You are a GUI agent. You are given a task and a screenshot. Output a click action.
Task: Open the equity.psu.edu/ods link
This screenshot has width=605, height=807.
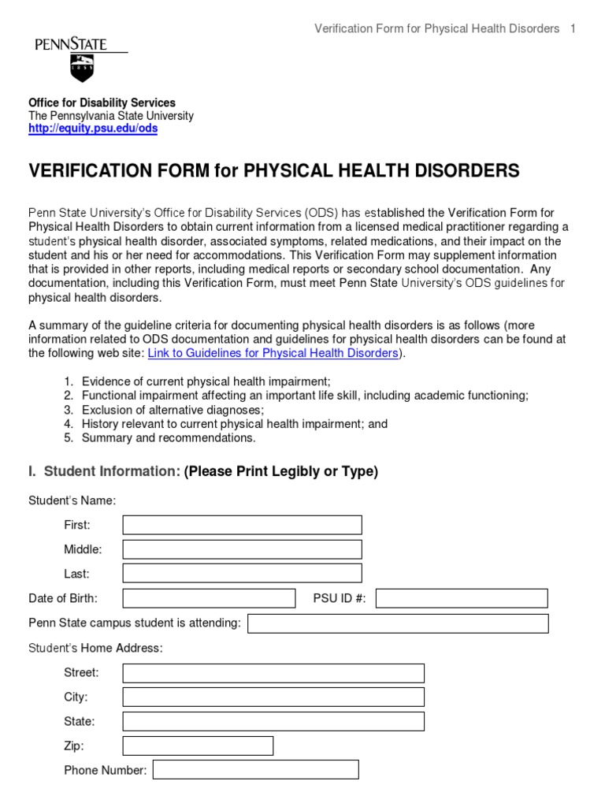point(93,129)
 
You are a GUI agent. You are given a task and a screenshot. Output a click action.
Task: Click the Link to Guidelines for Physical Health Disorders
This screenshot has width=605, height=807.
point(273,353)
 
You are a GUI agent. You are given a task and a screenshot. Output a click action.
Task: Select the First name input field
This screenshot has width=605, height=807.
point(242,525)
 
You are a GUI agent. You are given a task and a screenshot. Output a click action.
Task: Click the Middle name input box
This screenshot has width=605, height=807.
point(242,549)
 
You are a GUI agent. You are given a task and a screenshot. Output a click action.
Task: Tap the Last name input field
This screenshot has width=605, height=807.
point(242,574)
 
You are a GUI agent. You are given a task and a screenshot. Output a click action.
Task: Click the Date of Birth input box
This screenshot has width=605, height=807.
point(209,598)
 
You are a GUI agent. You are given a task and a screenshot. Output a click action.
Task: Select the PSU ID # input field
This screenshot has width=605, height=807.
point(461,598)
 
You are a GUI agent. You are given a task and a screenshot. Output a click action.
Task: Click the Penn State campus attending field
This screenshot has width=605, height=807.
point(398,623)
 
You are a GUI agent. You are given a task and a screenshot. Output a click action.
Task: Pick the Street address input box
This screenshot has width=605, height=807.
point(273,673)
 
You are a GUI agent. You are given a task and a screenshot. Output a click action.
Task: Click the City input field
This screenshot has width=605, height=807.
point(273,697)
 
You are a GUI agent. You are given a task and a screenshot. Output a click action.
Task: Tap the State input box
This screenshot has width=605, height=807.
point(273,722)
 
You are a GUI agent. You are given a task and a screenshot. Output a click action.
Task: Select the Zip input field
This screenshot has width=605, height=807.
point(198,746)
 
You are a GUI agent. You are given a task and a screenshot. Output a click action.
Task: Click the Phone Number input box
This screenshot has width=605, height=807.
point(255,770)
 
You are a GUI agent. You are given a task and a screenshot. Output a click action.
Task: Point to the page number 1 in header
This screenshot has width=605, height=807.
point(573,29)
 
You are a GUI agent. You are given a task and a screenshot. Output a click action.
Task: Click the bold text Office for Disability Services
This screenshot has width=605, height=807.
point(102,103)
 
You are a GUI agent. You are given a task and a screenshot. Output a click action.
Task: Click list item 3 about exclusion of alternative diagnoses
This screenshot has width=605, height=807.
point(173,410)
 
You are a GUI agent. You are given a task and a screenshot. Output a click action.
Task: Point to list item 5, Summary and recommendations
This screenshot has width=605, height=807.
point(168,438)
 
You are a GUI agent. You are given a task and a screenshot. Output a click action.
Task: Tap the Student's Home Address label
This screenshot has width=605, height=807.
point(95,648)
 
